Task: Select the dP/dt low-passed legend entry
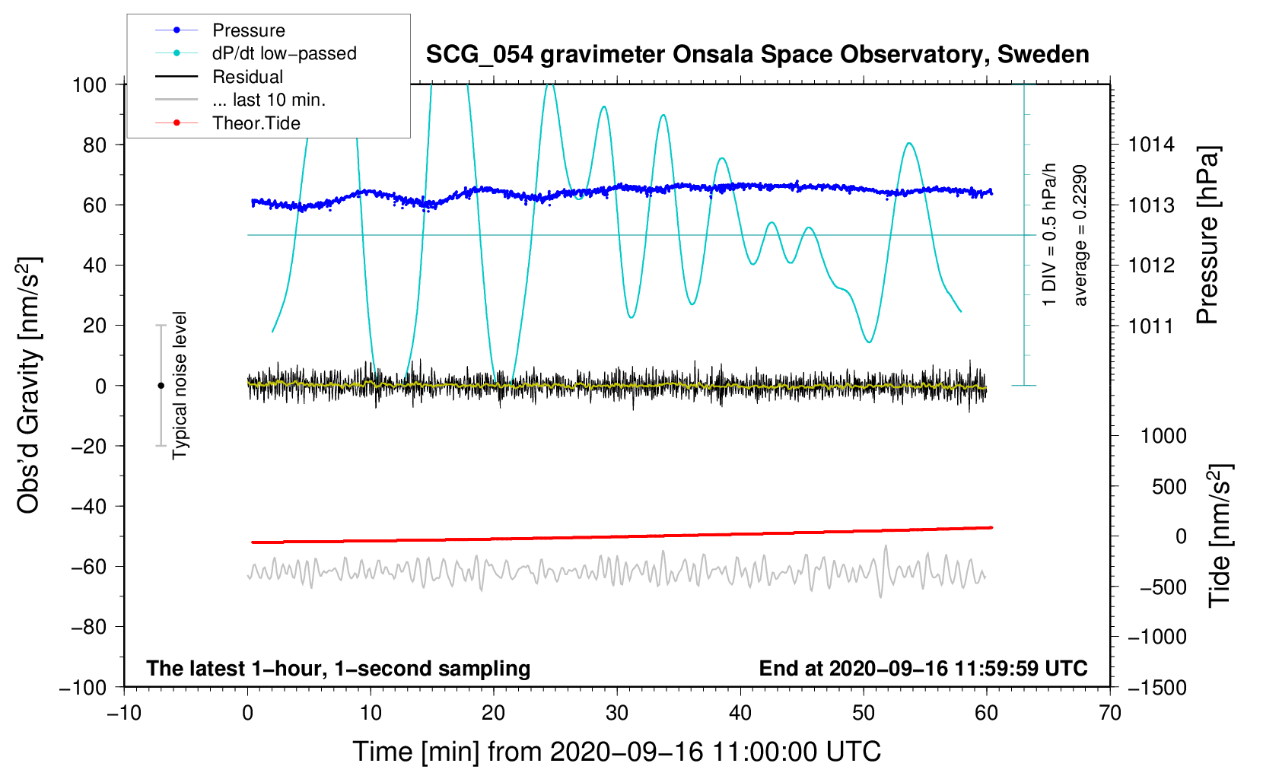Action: pyautogui.click(x=284, y=53)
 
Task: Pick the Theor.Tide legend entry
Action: pyautogui.click(x=256, y=123)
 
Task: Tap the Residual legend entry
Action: pyautogui.click(x=247, y=77)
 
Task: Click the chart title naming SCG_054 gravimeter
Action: pyautogui.click(x=757, y=55)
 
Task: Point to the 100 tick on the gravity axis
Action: pyautogui.click(x=89, y=84)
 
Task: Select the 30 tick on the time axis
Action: pyautogui.click(x=617, y=713)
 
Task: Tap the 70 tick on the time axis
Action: pyautogui.click(x=1110, y=713)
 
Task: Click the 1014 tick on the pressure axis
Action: pyautogui.click(x=1151, y=145)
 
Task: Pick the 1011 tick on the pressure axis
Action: pyautogui.click(x=1151, y=326)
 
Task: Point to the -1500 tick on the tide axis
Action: pyautogui.click(x=1157, y=688)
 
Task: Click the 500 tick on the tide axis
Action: pyautogui.click(x=1169, y=487)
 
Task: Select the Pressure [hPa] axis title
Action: pyautogui.click(x=1207, y=236)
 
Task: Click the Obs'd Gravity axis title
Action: pyautogui.click(x=28, y=386)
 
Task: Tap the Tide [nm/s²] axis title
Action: pyautogui.click(x=1220, y=534)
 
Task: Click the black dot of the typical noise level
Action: pyautogui.click(x=161, y=386)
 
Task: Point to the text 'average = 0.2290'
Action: pyautogui.click(x=1080, y=236)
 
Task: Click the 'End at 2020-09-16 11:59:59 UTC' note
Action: pyautogui.click(x=923, y=669)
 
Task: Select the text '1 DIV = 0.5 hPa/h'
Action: pyautogui.click(x=1050, y=234)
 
